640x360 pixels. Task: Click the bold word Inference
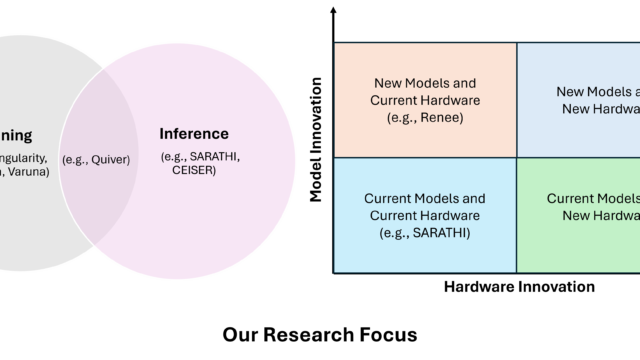click(x=195, y=133)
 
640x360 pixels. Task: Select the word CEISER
click(x=192, y=169)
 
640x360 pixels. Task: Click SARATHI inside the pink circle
click(x=214, y=156)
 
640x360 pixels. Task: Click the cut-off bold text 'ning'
click(x=16, y=135)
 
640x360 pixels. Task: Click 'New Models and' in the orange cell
click(x=425, y=83)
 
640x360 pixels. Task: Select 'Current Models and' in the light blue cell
click(x=425, y=198)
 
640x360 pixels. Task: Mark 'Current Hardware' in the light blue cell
click(x=425, y=215)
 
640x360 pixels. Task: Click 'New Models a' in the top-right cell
click(x=597, y=92)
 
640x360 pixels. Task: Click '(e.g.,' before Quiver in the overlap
click(x=77, y=159)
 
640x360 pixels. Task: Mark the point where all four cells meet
click(x=516, y=157)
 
